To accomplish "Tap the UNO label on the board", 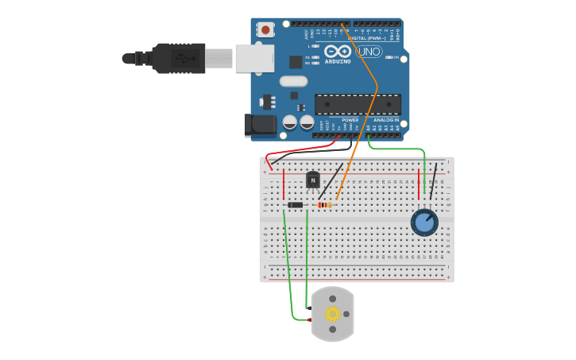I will point(369,52).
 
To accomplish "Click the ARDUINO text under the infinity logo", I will point(338,61).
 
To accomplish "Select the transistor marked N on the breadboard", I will point(313,180).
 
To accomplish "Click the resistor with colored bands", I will point(324,205).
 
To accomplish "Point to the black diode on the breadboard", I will point(296,205).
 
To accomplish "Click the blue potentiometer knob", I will point(424,223).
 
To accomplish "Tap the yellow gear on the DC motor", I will point(332,314).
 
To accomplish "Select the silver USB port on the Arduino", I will point(254,58).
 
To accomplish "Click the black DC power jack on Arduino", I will point(260,125).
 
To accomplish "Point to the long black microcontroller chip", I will point(358,104).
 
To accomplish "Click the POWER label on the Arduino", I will point(350,120).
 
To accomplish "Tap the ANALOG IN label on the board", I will point(386,120).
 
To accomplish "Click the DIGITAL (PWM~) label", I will point(367,37).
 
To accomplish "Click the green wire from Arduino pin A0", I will point(397,149).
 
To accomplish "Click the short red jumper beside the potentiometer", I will point(419,184).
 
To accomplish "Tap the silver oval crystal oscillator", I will point(293,80).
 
